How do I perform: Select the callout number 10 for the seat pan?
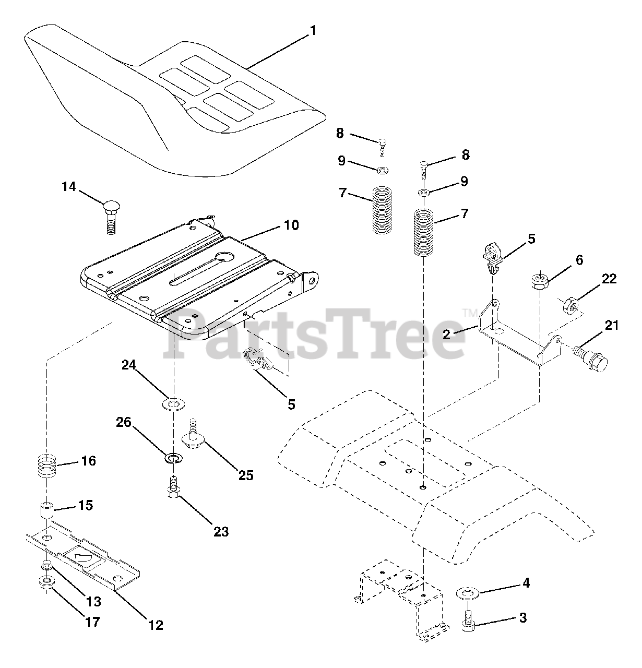[291, 225]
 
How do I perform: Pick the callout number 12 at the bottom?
[155, 625]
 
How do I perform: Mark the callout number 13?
[93, 602]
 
